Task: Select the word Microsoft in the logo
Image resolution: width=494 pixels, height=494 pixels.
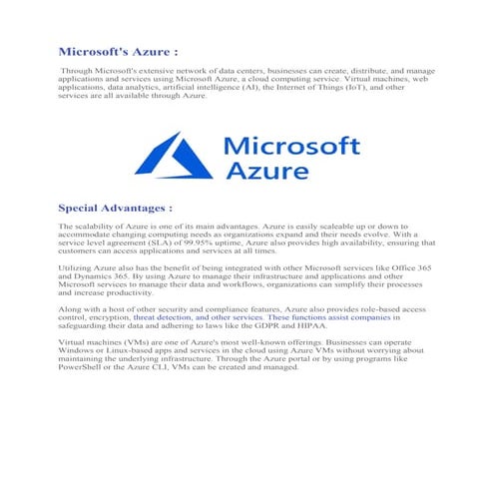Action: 293,147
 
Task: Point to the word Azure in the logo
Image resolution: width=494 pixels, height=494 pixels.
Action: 266,172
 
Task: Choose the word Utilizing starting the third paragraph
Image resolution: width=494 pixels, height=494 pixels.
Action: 78,269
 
